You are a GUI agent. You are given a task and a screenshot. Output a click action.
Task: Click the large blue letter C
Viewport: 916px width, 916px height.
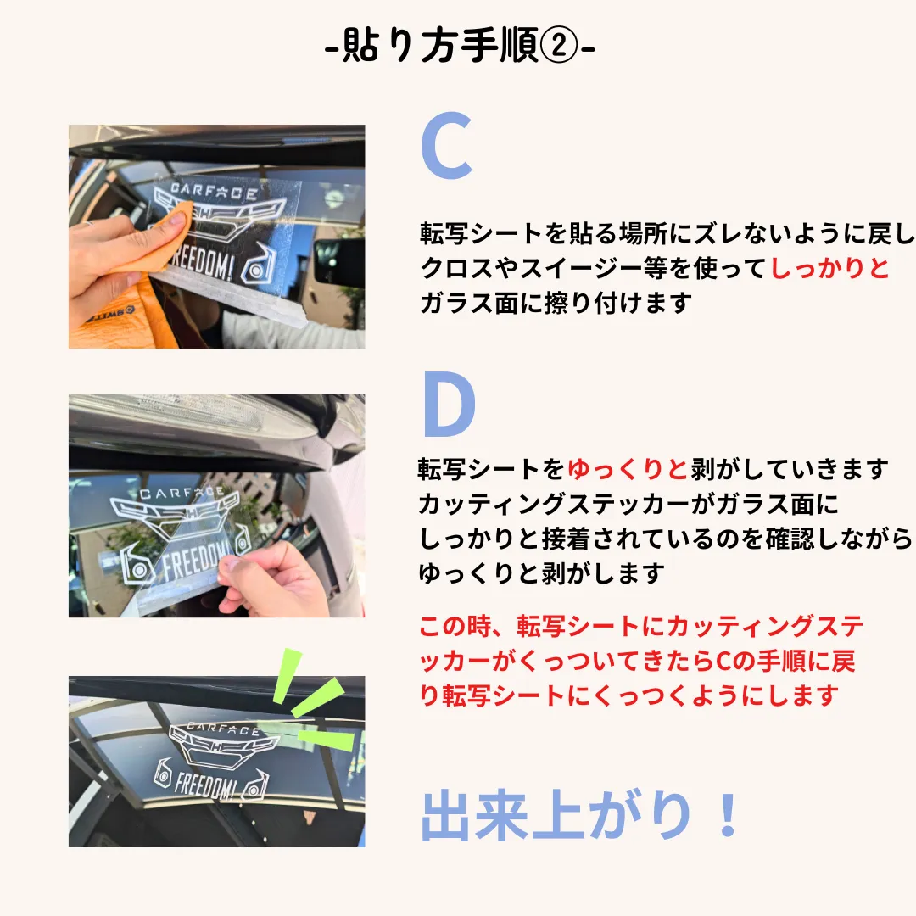click(446, 146)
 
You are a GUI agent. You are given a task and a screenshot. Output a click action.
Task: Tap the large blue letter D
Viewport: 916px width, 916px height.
click(449, 405)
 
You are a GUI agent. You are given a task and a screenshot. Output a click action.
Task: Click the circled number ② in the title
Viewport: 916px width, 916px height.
click(558, 46)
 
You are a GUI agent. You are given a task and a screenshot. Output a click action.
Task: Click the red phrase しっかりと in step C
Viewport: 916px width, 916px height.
click(829, 268)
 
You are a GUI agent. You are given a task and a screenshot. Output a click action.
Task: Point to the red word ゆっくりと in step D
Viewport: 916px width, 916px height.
click(628, 469)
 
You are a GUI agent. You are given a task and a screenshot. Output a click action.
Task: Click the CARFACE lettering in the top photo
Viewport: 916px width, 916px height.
click(214, 192)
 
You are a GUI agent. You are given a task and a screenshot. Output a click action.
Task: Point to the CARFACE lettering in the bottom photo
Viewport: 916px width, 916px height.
click(223, 729)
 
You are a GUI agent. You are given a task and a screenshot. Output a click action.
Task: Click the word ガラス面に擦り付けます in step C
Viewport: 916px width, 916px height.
click(556, 303)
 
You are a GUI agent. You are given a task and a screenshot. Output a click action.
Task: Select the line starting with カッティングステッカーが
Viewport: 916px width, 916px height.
click(628, 504)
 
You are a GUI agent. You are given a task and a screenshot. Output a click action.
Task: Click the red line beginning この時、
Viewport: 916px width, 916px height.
click(641, 626)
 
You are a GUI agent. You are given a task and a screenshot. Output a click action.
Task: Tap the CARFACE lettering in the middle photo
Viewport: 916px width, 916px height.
click(182, 494)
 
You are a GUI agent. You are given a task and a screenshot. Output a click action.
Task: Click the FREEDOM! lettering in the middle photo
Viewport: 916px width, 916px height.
click(196, 559)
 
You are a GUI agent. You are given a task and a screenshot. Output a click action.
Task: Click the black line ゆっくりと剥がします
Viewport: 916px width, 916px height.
click(541, 573)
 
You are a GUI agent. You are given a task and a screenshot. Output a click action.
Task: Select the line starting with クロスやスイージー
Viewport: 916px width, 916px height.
click(654, 268)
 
